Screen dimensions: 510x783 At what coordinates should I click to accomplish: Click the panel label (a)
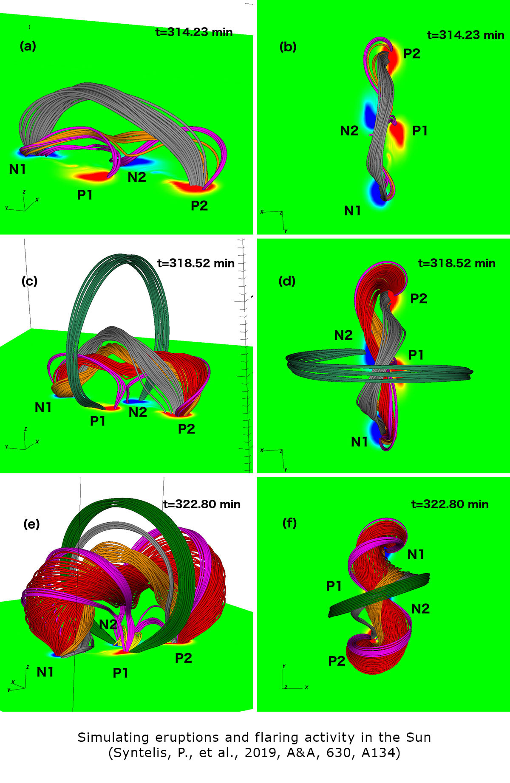28,46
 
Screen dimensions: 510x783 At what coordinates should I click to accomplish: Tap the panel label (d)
286,281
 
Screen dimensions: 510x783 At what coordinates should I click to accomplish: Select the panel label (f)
290,523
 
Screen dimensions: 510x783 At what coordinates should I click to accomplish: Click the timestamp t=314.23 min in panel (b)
466,35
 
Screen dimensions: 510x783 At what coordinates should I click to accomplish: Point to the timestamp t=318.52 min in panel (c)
196,263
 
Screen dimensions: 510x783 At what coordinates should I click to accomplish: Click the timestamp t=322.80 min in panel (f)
450,504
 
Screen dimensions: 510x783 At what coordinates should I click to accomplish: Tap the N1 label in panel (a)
18,169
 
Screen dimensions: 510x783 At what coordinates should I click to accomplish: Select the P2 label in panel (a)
199,206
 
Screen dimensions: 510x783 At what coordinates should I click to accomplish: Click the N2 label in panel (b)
349,131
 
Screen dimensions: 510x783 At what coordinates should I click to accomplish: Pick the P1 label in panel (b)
420,131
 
